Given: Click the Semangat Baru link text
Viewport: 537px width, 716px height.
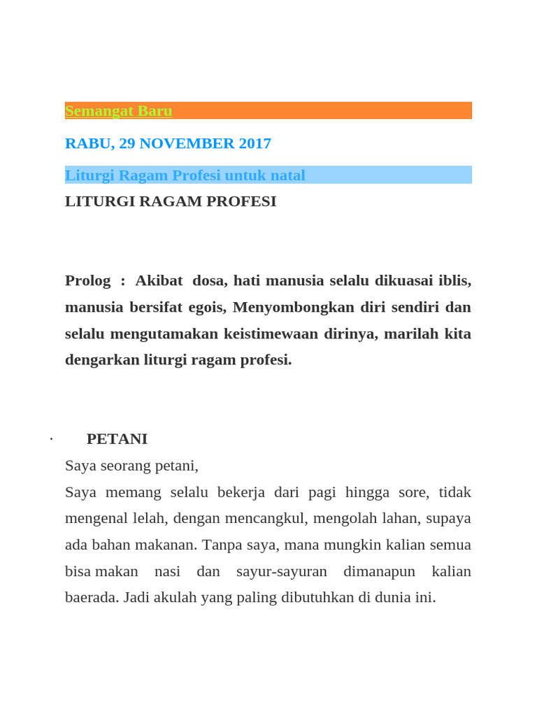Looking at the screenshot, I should pos(118,110).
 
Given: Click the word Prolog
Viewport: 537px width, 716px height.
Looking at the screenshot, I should pos(87,280).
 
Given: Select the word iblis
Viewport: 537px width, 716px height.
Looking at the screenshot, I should pos(454,280).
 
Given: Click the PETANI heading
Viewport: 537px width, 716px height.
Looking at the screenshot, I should pos(117,439).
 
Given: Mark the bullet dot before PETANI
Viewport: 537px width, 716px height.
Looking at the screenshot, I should pos(52,440).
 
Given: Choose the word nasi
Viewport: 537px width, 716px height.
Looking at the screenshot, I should pos(167,571).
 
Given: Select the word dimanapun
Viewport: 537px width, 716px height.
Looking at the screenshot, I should pos(379,571).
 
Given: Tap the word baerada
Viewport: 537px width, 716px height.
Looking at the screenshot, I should pos(87,598).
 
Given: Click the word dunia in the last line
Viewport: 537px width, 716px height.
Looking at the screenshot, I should pos(395,598).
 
